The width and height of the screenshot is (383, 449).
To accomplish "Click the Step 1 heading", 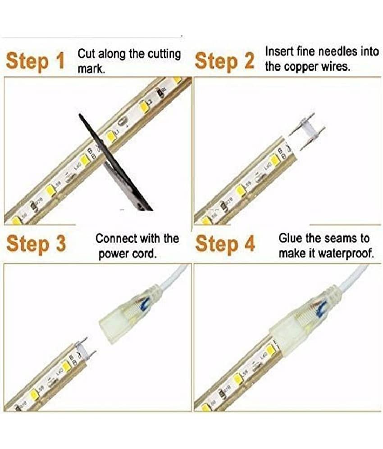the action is pos(36,61).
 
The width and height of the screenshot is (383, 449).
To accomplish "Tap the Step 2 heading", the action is pos(224,61).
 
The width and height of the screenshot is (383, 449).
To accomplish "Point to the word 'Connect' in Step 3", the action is pos(116,238).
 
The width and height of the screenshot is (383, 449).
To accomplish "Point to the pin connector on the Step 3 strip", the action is pos(85,350).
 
